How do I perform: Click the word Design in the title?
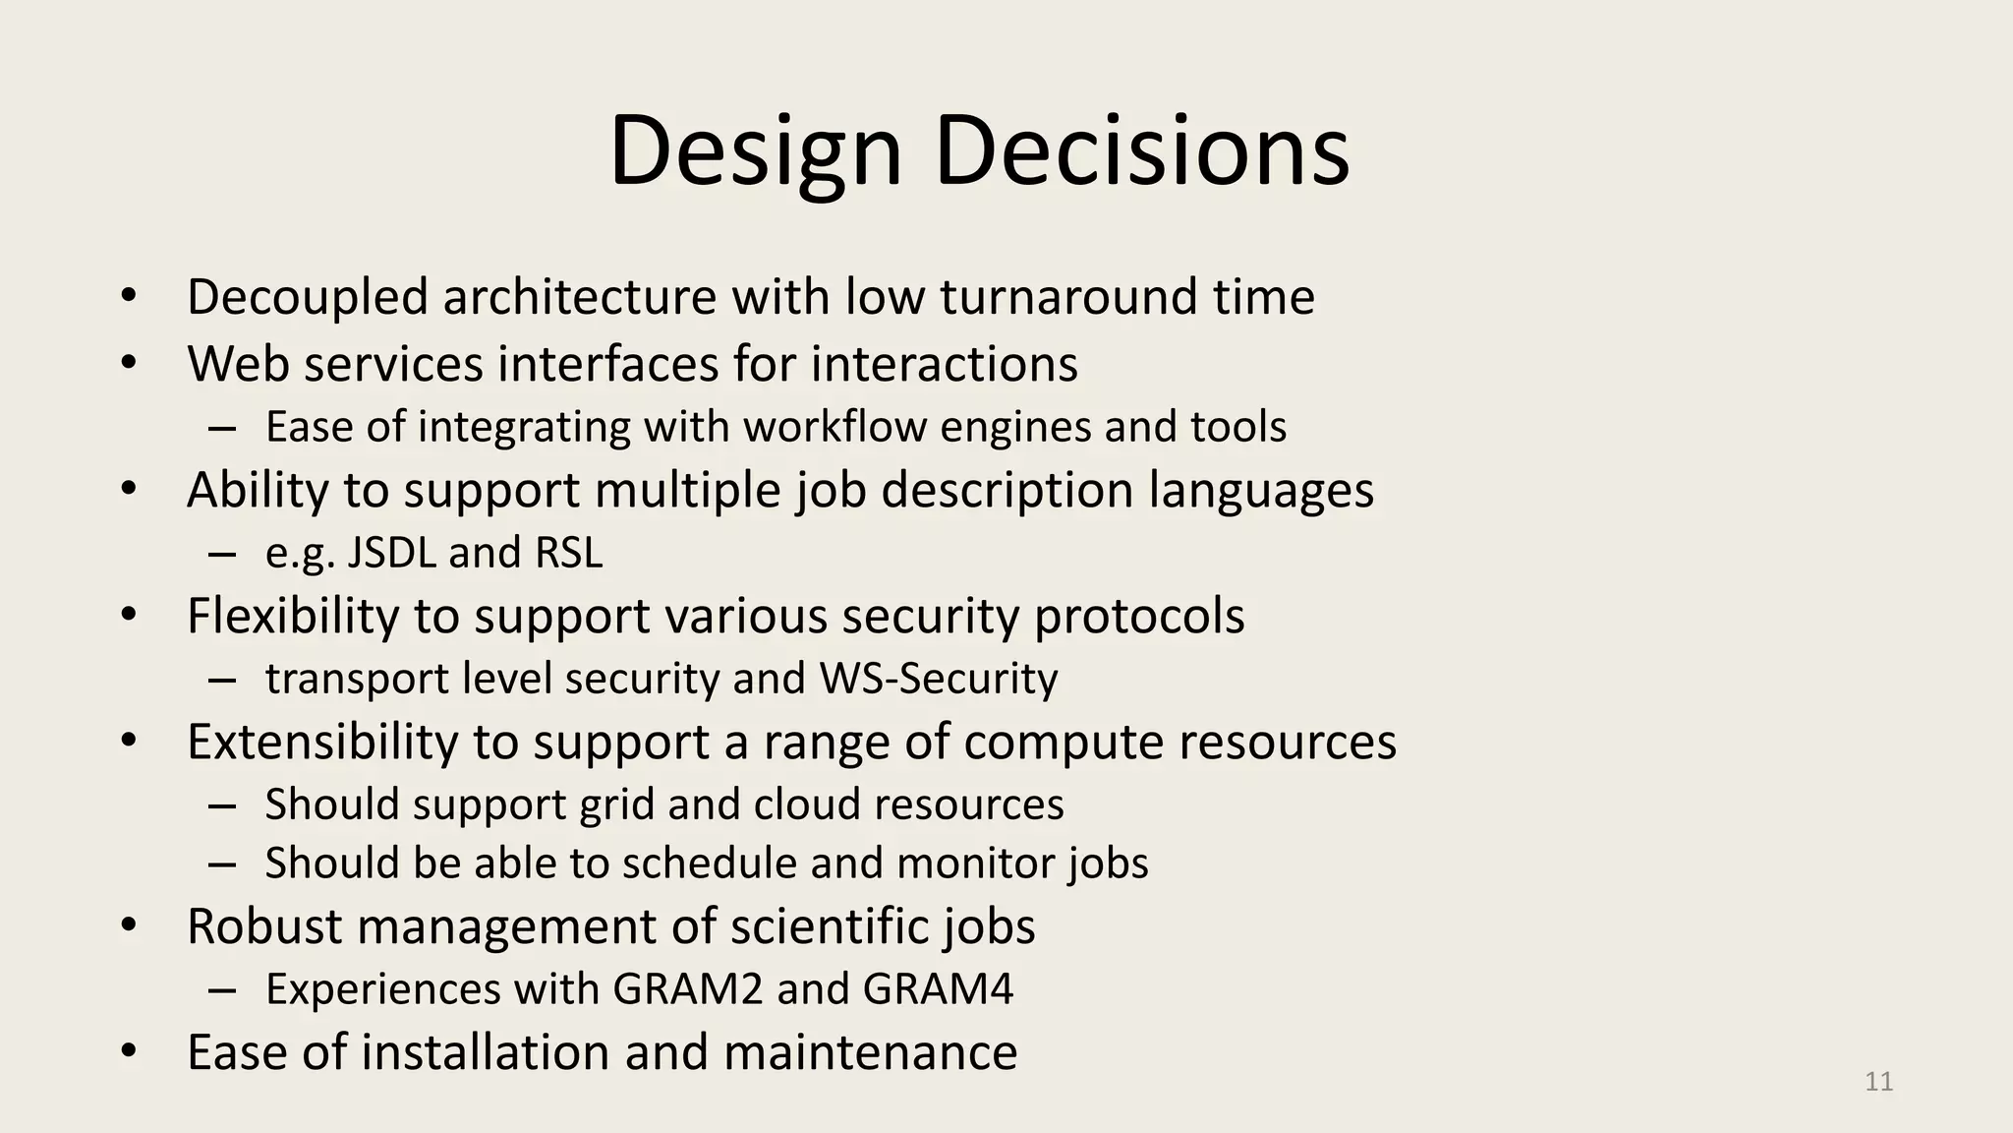pos(755,152)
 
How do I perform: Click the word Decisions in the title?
pos(1142,152)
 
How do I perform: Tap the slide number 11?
pos(1878,1082)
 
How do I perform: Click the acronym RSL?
pos(568,553)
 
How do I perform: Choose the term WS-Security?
pos(939,679)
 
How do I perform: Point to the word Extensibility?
pos(322,742)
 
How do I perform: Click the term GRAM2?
pos(687,989)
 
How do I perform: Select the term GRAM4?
pos(938,989)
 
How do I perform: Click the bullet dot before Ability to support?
pos(129,489)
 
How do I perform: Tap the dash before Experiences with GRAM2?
pos(222,989)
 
